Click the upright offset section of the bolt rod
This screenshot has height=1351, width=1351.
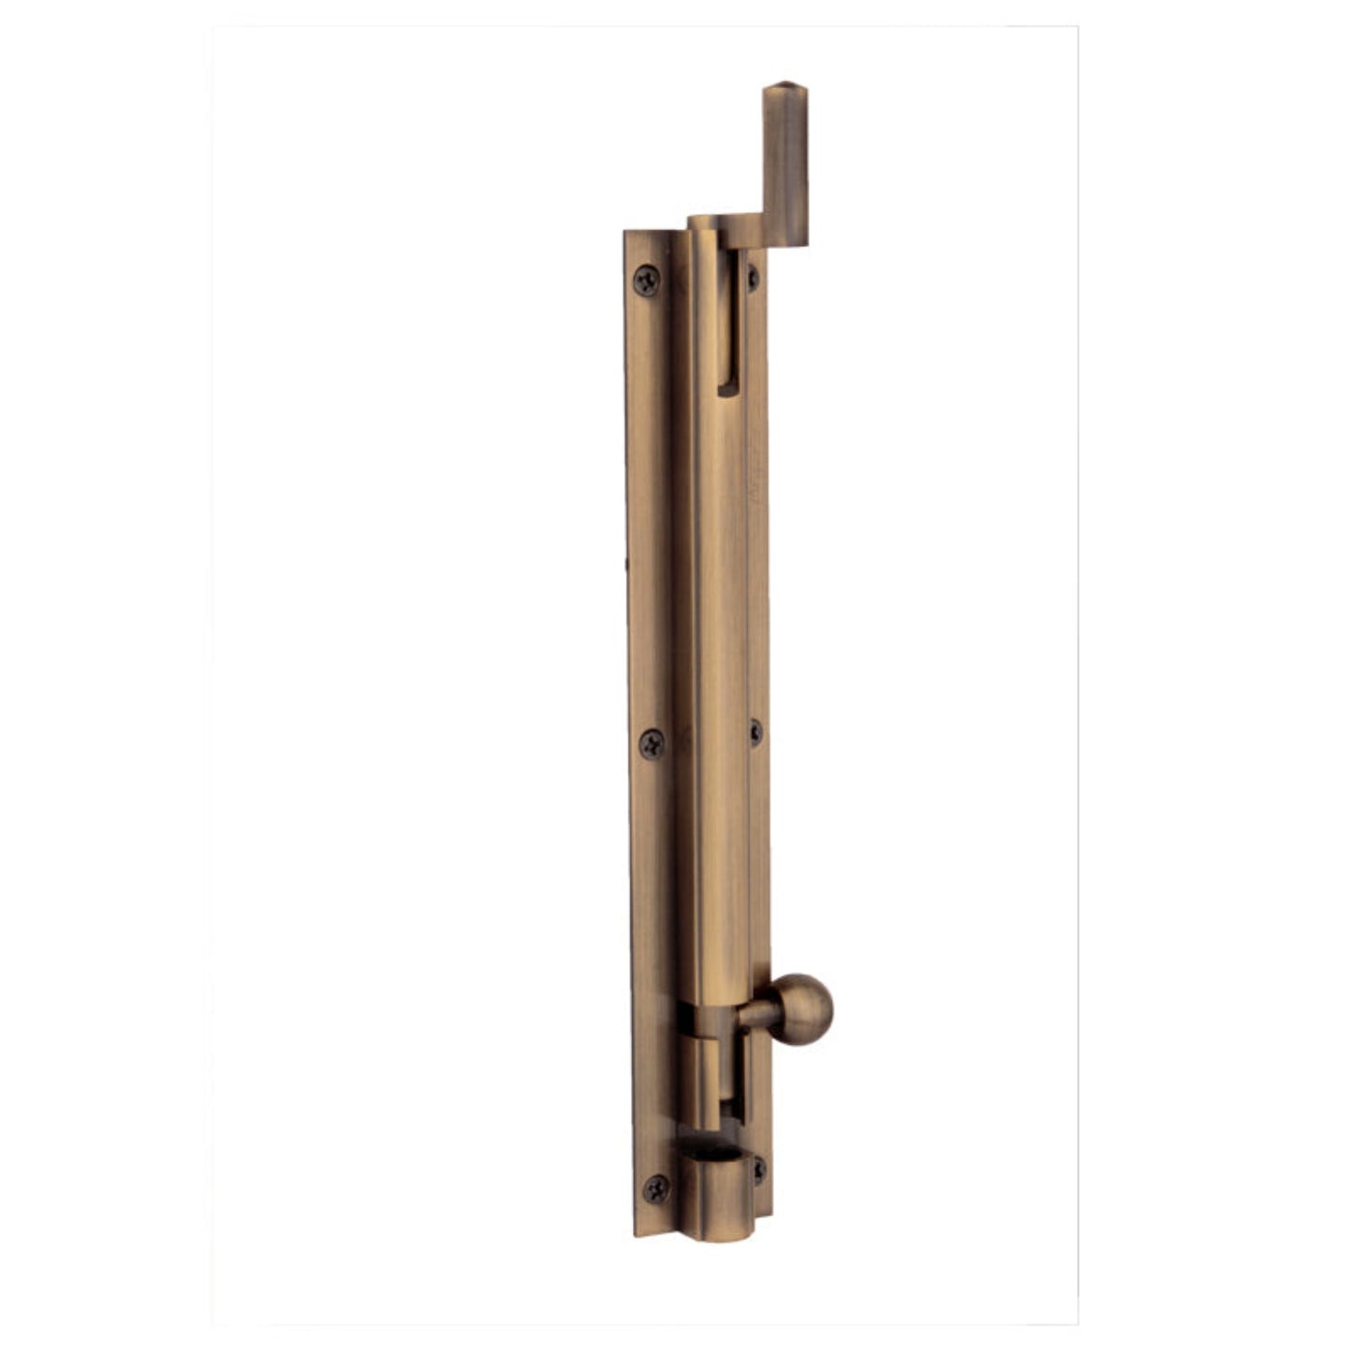pos(785,168)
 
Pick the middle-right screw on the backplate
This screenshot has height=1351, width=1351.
pos(755,732)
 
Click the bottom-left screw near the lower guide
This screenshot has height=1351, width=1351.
pos(657,1187)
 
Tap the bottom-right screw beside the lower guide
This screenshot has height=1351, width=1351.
pos(758,1168)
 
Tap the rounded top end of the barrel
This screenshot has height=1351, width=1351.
pos(703,223)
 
